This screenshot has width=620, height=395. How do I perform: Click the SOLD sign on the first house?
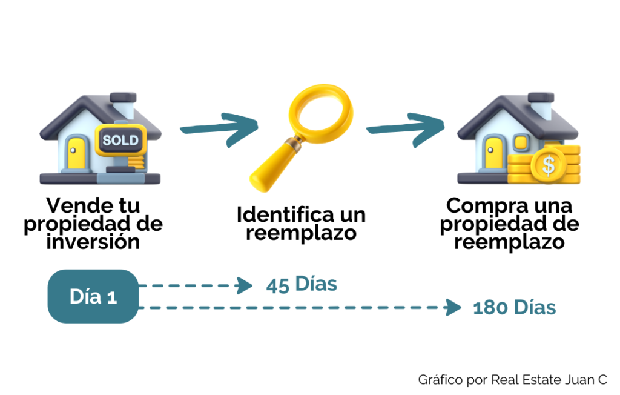121,141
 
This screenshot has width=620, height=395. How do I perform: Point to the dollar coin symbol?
548,164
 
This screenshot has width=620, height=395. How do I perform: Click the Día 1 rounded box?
93,296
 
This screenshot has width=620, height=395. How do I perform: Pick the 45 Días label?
301,284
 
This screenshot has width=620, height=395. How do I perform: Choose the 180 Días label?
514,308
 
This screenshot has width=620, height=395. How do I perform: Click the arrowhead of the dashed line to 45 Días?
245,285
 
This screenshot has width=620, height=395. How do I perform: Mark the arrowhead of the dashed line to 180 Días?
452,308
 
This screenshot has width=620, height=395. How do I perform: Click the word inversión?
93,242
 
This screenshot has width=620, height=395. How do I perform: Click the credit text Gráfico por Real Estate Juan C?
512,380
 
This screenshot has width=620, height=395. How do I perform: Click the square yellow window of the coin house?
521,143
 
